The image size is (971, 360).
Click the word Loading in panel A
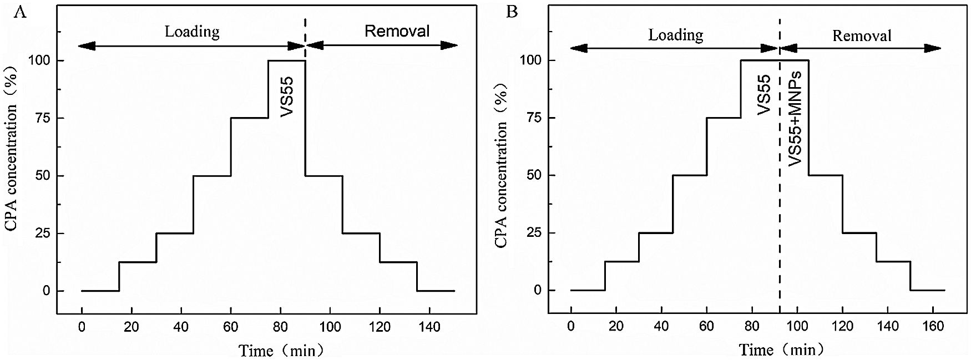tap(192, 32)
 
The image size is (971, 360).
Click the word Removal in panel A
tap(397, 31)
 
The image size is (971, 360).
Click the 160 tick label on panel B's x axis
tap(933, 327)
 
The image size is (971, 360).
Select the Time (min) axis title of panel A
tap(281, 351)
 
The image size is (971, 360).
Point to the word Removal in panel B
tap(862, 36)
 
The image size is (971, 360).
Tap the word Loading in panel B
tap(676, 36)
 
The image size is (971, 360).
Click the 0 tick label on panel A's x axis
tap(82, 327)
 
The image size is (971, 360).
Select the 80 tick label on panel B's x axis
tap(752, 327)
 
